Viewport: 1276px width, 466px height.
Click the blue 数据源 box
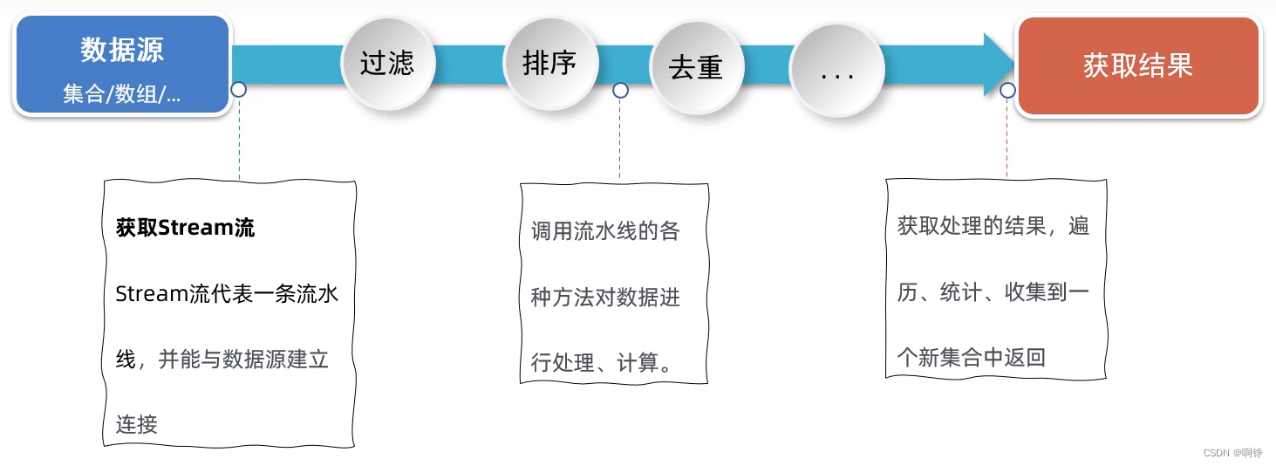click(x=122, y=65)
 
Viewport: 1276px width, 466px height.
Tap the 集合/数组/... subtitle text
click(x=122, y=94)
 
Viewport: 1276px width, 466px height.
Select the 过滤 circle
click(x=386, y=63)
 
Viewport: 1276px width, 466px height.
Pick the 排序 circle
click(x=549, y=63)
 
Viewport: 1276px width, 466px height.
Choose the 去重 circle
click(x=696, y=66)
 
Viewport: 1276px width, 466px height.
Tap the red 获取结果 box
click(x=1138, y=65)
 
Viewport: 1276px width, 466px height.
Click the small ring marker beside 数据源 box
click(x=238, y=90)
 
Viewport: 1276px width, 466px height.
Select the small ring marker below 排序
click(x=620, y=90)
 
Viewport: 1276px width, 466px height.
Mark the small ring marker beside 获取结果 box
click(x=1007, y=90)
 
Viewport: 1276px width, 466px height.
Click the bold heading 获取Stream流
click(x=185, y=229)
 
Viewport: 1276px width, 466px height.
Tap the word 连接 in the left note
click(x=137, y=425)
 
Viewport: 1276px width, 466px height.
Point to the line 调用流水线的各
click(x=605, y=232)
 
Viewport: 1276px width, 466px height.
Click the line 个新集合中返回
click(x=972, y=358)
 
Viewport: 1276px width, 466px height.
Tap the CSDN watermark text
click(x=1232, y=453)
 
